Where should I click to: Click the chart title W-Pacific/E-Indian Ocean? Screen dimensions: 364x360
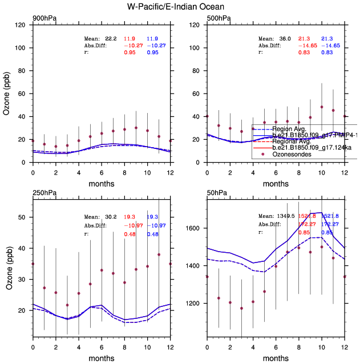click(180, 6)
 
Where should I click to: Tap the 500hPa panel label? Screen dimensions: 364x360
click(219, 19)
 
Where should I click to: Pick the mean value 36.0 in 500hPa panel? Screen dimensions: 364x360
click(285, 38)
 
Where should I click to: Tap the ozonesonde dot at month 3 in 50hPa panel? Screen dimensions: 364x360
click(241, 309)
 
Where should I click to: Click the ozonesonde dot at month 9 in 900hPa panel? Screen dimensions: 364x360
click(136, 128)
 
